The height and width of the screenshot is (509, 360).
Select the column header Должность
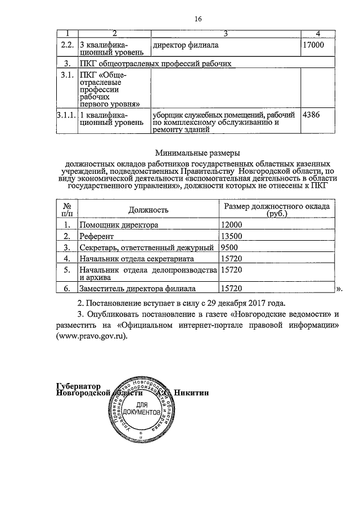pyautogui.click(x=148, y=210)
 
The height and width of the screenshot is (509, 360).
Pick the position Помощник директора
pyautogui.click(x=119, y=225)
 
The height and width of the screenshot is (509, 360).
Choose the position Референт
pyautogui.click(x=96, y=236)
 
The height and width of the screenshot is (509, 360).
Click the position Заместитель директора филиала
pyautogui.click(x=137, y=289)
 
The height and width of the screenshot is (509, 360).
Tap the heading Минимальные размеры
pyautogui.click(x=197, y=152)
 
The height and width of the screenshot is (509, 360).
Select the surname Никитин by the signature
pyautogui.click(x=192, y=393)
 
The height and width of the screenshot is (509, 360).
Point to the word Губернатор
pyautogui.click(x=79, y=386)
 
